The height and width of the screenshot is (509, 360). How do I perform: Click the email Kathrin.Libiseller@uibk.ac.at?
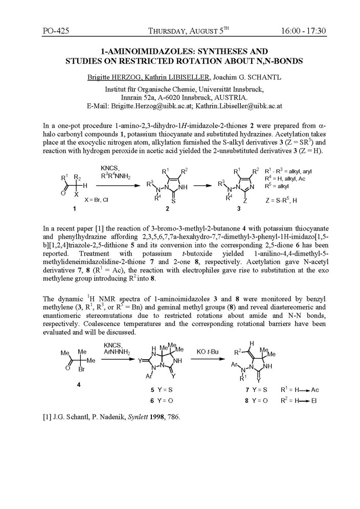(236, 107)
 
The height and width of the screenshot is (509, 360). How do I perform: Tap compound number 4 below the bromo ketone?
(78, 384)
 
